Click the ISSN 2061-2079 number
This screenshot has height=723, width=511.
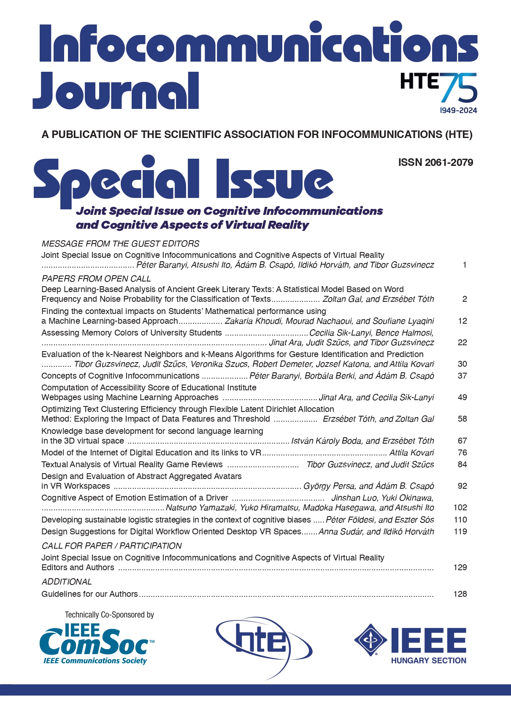coord(435,162)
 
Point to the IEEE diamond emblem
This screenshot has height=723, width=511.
coord(370,640)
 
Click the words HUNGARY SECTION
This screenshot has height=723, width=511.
coord(428,661)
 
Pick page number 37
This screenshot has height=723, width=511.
coord(462,376)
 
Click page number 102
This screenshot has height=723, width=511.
coord(460,507)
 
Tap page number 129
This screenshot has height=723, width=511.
coord(460,567)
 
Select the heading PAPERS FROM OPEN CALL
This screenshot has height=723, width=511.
coord(96,279)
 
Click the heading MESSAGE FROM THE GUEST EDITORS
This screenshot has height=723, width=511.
coord(120,244)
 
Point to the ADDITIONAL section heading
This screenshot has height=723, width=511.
coord(67,582)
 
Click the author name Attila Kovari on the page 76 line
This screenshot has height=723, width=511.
coord(411,453)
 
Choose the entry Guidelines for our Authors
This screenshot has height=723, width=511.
coord(89,594)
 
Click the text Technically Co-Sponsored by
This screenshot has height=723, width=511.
coord(109,615)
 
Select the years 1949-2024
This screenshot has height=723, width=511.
coord(458,111)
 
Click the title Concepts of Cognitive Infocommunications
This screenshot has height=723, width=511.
coord(120,376)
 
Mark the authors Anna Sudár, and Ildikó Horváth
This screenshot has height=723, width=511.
coord(376,531)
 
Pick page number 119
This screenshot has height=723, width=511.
coord(460,531)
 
